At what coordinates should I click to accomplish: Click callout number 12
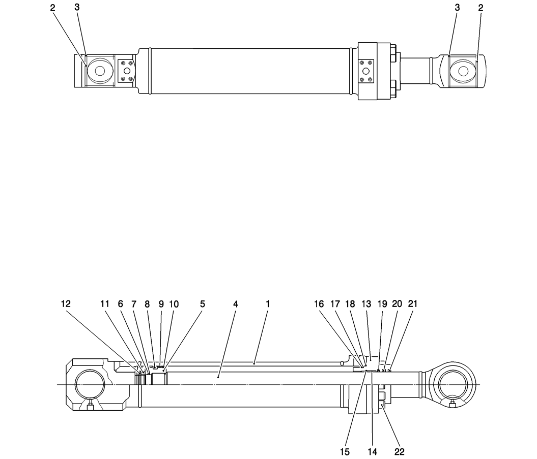coord(66,304)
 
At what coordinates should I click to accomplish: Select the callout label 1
coord(267,304)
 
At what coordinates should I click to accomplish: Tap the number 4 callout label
coord(236,304)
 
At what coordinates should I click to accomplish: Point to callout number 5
coord(203,304)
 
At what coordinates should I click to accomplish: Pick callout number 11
coord(105,304)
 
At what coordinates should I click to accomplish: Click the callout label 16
coord(319,304)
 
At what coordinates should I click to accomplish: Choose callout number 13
coord(366,304)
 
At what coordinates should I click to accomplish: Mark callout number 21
coord(413,304)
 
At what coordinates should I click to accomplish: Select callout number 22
coord(399,451)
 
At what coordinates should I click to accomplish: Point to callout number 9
coord(161,304)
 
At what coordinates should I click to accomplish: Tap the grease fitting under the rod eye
coord(453,404)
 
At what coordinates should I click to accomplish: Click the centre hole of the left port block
coord(126,71)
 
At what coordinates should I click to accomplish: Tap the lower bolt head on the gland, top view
coord(394,89)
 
